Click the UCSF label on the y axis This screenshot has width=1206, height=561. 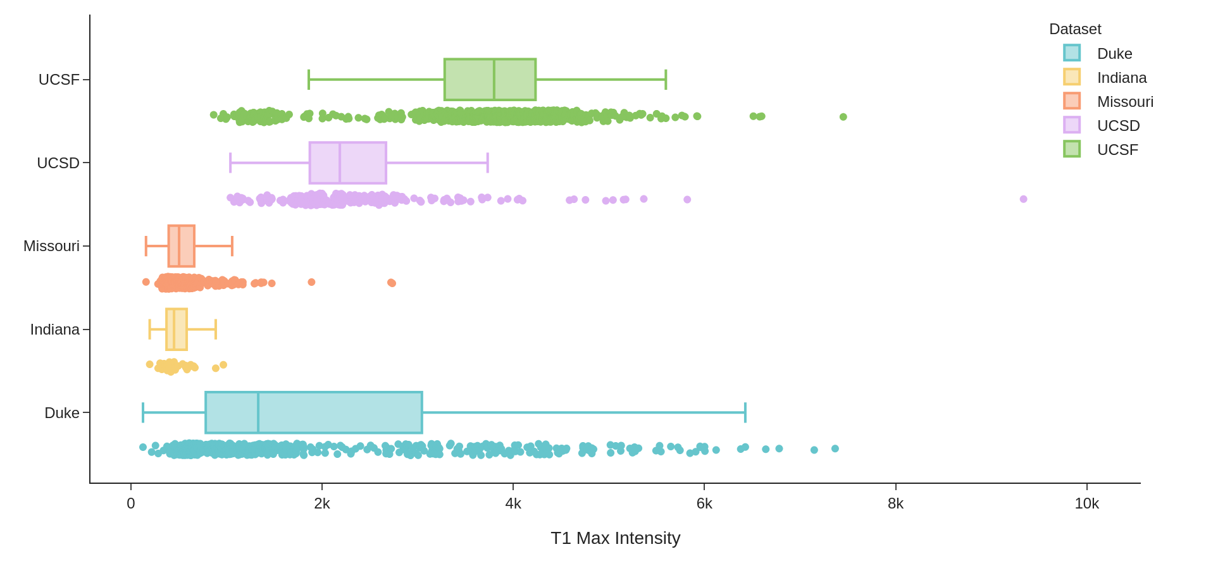[x=59, y=80]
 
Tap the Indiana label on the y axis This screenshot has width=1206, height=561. [x=55, y=330]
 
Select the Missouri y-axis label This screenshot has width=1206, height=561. [x=51, y=246]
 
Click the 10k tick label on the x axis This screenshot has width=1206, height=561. [x=1086, y=503]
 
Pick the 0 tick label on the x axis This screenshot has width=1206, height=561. [x=131, y=503]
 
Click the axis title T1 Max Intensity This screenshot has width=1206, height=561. [x=615, y=538]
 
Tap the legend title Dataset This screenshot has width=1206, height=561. [x=1075, y=29]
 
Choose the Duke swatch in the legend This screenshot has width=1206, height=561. [x=1072, y=53]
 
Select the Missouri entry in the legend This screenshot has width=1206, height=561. [x=1125, y=102]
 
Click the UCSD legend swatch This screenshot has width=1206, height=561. [x=1072, y=125]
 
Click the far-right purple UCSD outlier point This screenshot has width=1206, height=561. [x=1023, y=199]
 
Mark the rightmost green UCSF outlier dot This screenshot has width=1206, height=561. [x=843, y=117]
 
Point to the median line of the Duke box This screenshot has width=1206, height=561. [x=258, y=412]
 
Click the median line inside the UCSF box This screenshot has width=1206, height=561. [x=494, y=80]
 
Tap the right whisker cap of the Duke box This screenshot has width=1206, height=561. [x=745, y=412]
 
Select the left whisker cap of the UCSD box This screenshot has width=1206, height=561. [x=230, y=163]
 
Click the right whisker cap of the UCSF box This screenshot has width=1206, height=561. [x=666, y=80]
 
